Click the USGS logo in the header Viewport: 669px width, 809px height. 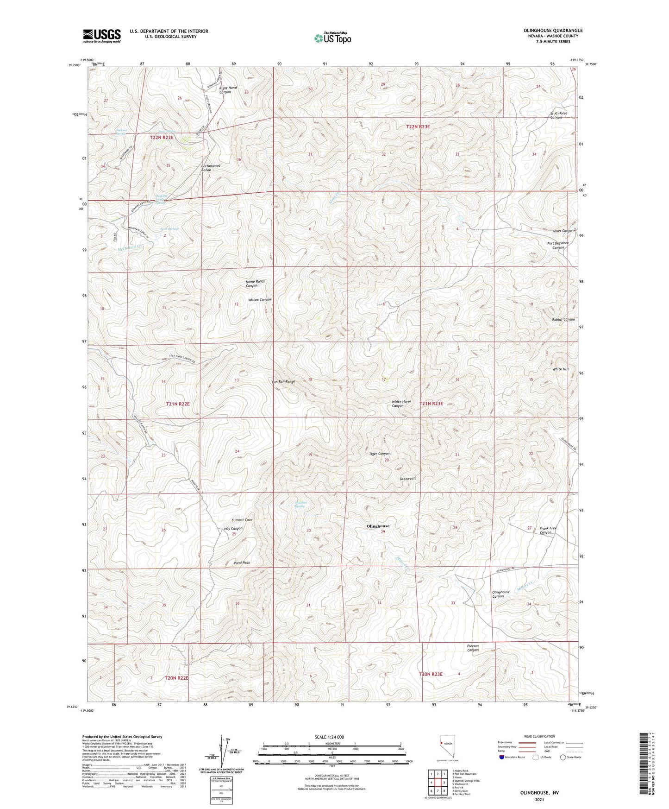click(x=102, y=36)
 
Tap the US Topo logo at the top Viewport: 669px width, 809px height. click(x=332, y=38)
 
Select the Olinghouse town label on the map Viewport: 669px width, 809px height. click(x=378, y=526)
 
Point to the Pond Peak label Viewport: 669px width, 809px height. click(x=242, y=563)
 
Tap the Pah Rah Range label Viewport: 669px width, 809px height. click(x=283, y=382)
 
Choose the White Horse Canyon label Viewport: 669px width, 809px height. click(x=401, y=404)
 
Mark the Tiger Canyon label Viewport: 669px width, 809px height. click(x=379, y=454)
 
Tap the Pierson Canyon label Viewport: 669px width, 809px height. click(x=473, y=648)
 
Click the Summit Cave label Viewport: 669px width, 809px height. click(x=242, y=520)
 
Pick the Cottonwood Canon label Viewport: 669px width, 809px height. click(x=210, y=168)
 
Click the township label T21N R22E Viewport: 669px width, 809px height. click(x=178, y=404)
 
